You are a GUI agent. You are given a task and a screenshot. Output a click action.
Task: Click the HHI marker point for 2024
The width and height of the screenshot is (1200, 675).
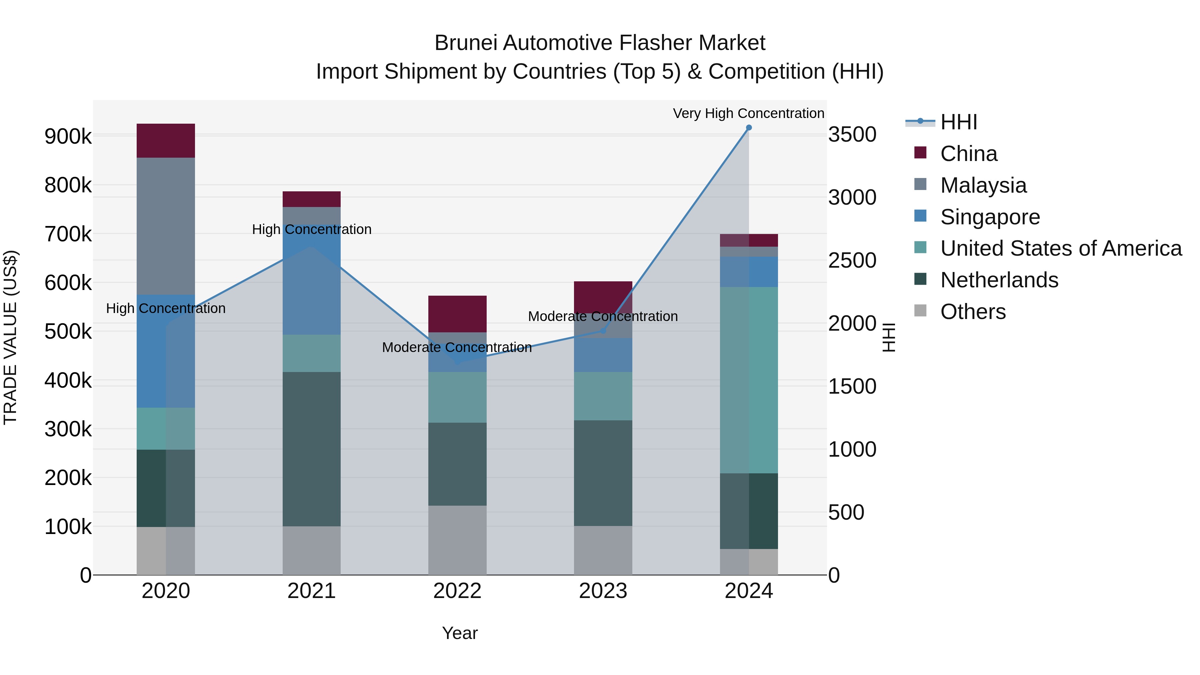click(x=749, y=128)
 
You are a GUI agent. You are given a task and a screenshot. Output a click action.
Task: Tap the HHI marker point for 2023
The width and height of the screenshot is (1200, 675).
click(x=603, y=330)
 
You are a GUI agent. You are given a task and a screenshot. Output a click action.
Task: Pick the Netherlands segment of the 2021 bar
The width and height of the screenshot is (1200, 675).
click(x=311, y=449)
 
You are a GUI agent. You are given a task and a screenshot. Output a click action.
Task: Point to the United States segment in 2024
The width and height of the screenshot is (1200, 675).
click(x=749, y=380)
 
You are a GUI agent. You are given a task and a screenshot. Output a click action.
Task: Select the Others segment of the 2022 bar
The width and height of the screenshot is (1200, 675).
click(x=457, y=540)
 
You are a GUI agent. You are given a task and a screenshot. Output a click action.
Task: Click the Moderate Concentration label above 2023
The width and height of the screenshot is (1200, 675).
click(x=603, y=317)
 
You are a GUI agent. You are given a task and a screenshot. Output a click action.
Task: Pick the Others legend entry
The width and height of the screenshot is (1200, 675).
click(x=973, y=312)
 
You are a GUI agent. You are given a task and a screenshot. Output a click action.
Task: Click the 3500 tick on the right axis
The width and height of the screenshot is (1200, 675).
click(x=852, y=135)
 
